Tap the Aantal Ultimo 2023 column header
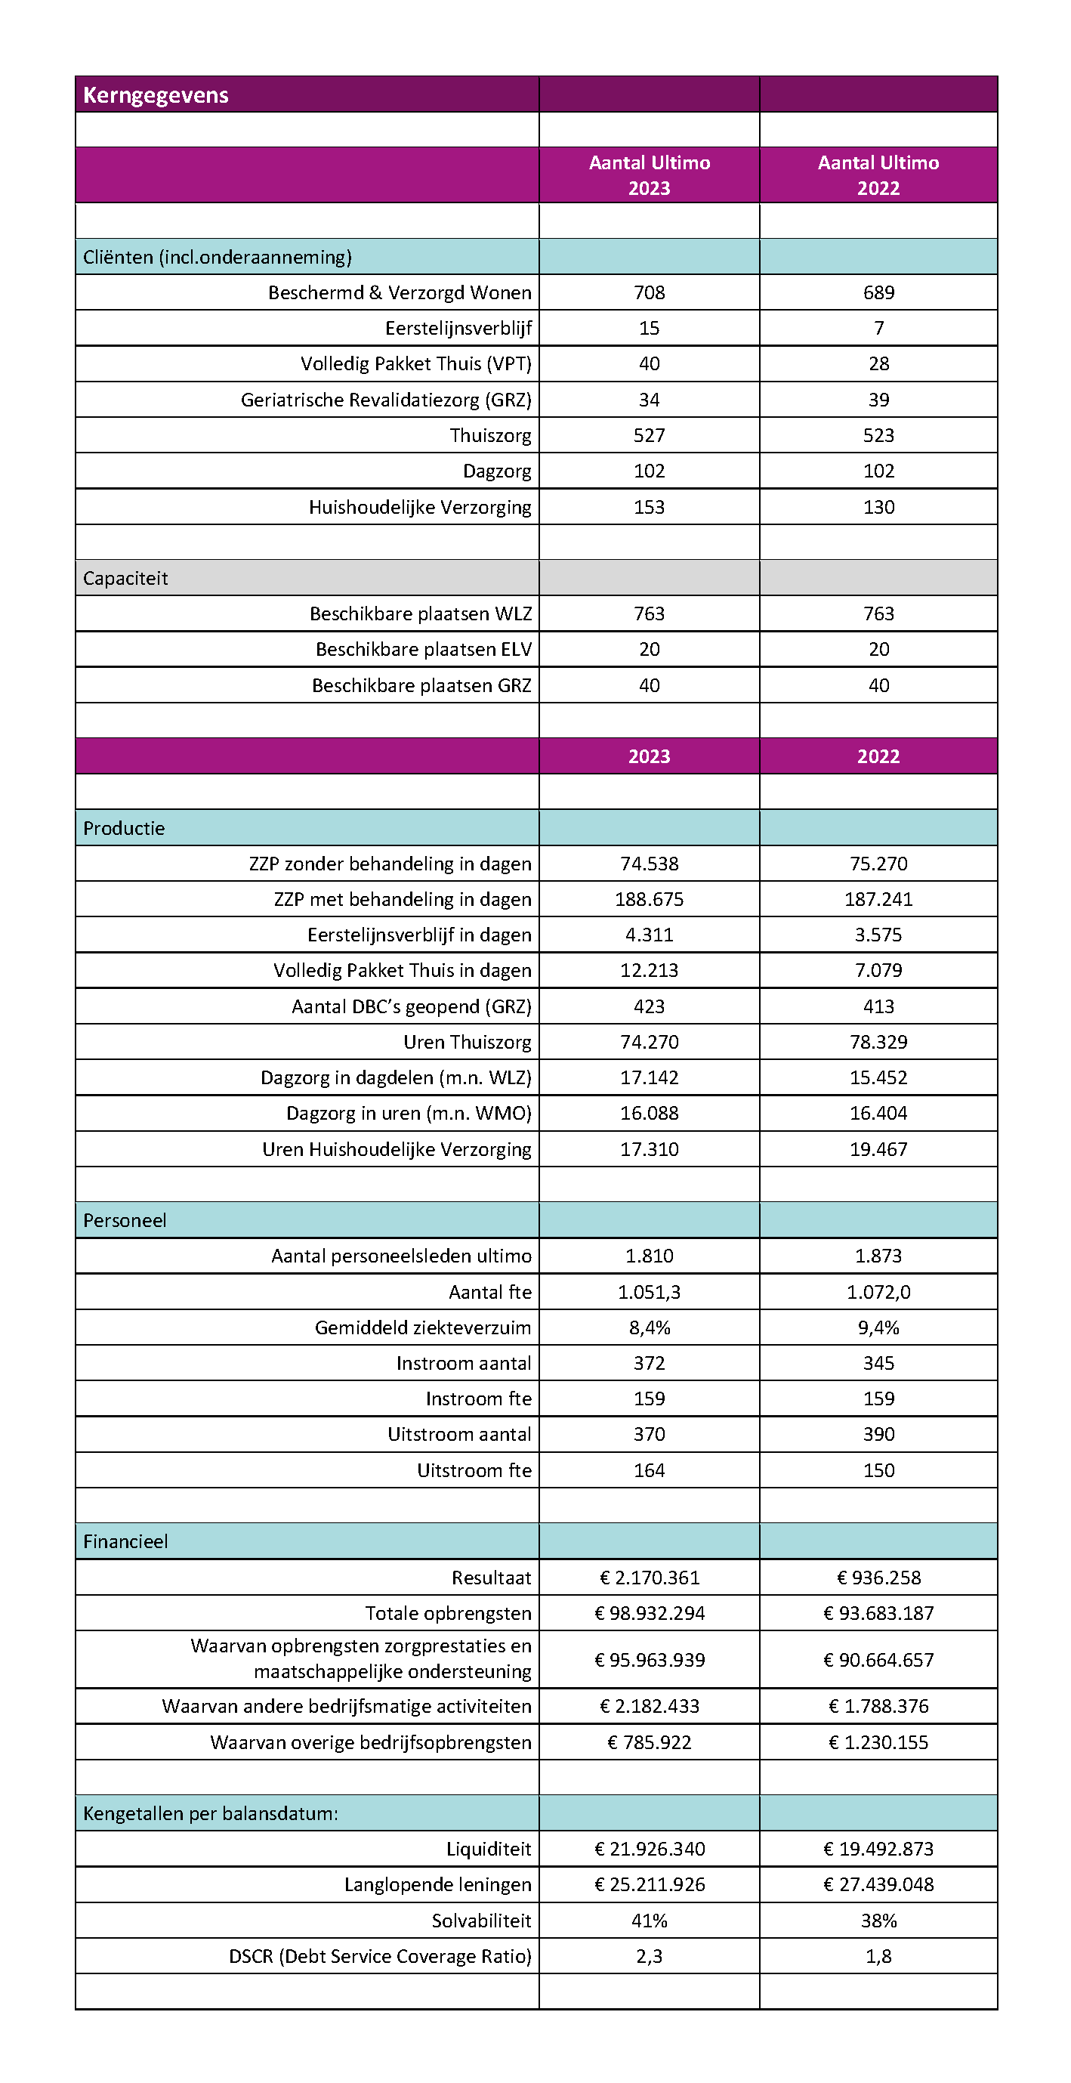point(649,175)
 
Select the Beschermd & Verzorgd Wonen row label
point(400,292)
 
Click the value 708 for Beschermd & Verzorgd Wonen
point(649,292)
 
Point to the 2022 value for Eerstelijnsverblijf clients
point(878,329)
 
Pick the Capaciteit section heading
point(125,578)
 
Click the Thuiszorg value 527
point(649,436)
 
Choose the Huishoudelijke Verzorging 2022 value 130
point(878,507)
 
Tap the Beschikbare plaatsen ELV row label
point(424,649)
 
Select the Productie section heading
point(124,828)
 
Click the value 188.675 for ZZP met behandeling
point(649,899)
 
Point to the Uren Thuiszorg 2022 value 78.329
point(878,1043)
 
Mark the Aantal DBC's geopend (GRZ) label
point(412,1006)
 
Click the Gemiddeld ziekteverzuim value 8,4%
point(649,1327)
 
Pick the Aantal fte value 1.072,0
point(878,1292)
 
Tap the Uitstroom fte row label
point(474,1470)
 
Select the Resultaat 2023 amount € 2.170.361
point(649,1578)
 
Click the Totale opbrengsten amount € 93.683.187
point(878,1613)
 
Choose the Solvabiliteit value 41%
point(649,1921)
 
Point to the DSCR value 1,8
point(878,1956)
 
